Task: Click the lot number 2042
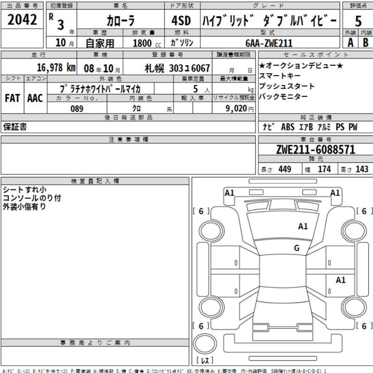[21, 20]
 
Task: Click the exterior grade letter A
[350, 42]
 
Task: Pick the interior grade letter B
[365, 42]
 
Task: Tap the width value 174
[324, 169]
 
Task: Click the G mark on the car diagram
[297, 248]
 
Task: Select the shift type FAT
[13, 98]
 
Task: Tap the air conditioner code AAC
[34, 98]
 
